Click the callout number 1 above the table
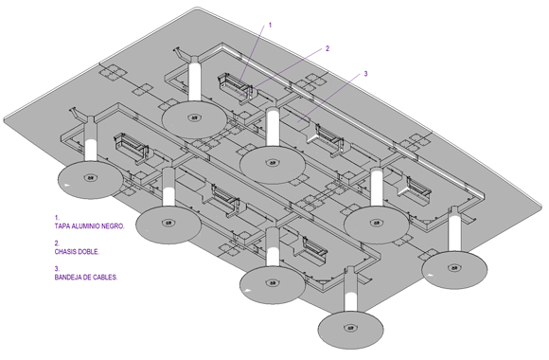[x=270, y=26]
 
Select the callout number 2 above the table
[x=328, y=48]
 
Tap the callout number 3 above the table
[x=365, y=74]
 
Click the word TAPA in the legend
[x=62, y=226]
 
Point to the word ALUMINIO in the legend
[x=85, y=226]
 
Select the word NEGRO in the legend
[x=113, y=226]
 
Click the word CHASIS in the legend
[x=66, y=252]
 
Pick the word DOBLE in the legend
[x=89, y=252]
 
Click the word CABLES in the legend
[x=105, y=278]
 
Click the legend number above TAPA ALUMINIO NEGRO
[x=57, y=218]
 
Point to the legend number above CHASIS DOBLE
[x=57, y=243]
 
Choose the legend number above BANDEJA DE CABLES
[x=57, y=269]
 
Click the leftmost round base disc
[x=91, y=179]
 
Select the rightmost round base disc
[x=454, y=269]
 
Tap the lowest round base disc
[x=350, y=330]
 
